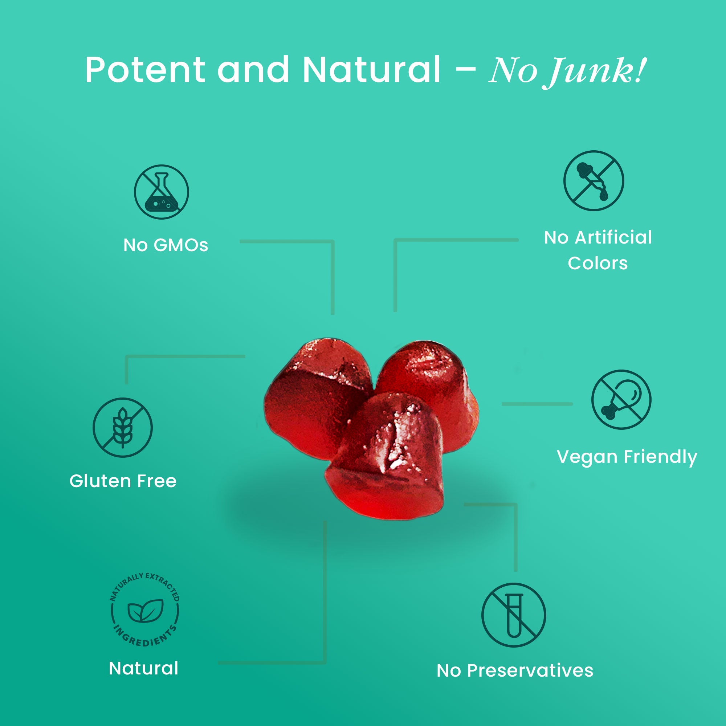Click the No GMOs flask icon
tap(161, 192)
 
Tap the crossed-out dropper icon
tap(594, 181)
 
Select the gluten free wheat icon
tap(122, 427)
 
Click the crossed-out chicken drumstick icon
tap(621, 399)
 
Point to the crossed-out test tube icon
tap(513, 615)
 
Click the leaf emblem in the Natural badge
tap(146, 611)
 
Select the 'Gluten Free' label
tap(123, 481)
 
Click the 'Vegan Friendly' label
tap(627, 457)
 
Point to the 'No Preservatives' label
tap(515, 670)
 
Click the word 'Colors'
tap(597, 264)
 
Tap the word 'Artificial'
tap(613, 237)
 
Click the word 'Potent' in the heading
tap(145, 70)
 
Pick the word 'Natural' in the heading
tap(371, 70)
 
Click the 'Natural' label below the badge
tap(143, 668)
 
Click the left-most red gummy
tap(312, 391)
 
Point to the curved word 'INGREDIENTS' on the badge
tap(145, 639)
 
